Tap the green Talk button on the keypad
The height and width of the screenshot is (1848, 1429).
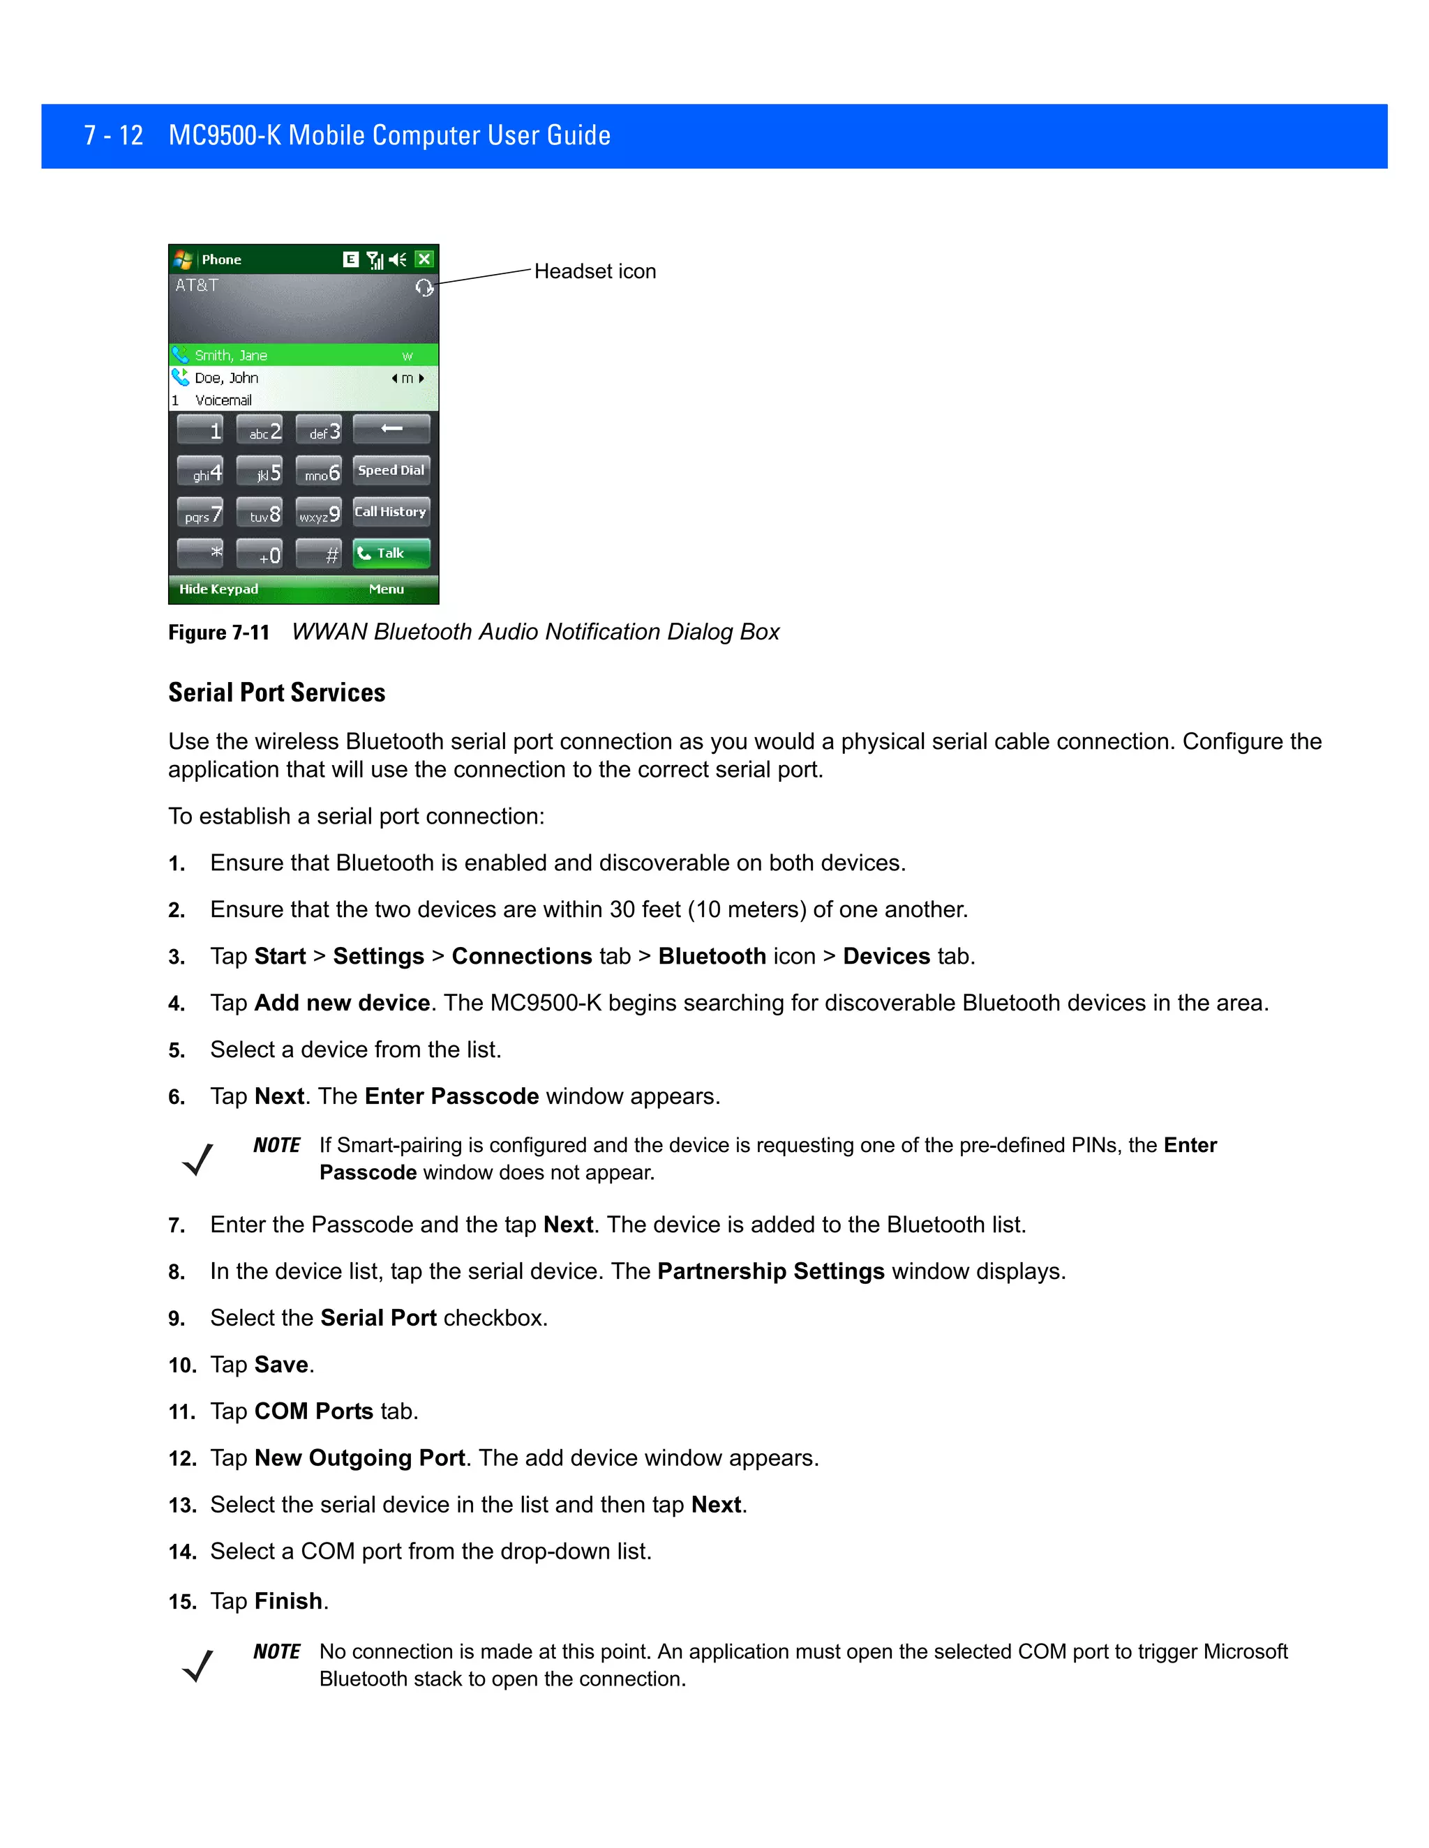click(x=391, y=554)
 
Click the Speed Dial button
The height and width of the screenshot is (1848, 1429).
click(x=391, y=471)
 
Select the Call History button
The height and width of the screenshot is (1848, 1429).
click(x=391, y=512)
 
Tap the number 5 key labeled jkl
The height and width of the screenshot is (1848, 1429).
click(x=260, y=472)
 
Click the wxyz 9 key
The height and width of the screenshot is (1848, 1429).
click(x=319, y=514)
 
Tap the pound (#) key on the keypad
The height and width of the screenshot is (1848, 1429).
click(x=319, y=555)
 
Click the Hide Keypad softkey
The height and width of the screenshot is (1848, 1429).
click(x=218, y=589)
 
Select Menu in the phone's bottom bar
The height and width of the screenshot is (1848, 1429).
click(x=386, y=589)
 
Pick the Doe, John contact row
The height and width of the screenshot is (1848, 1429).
click(x=303, y=378)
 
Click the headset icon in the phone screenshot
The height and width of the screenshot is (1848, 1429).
click(x=424, y=288)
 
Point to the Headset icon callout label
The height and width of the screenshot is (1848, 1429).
click(x=595, y=271)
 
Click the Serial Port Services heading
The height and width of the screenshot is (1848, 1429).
click(x=277, y=693)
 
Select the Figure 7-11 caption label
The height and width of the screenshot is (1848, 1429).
click(x=218, y=633)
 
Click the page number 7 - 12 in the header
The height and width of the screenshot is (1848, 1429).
click(x=114, y=135)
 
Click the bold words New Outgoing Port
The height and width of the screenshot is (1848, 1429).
click(x=360, y=1458)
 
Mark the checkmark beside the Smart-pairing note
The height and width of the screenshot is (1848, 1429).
click(x=198, y=1159)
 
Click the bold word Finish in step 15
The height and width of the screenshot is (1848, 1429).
click(x=289, y=1601)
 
